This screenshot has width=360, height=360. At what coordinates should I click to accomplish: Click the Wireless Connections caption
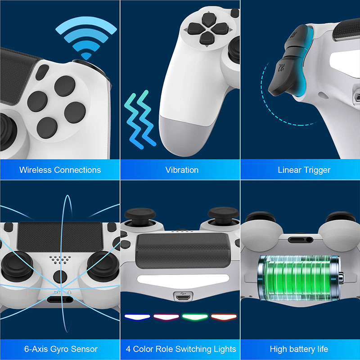tap(60, 170)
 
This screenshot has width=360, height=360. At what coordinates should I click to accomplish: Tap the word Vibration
tap(182, 170)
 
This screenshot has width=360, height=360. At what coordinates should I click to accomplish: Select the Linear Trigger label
tap(304, 170)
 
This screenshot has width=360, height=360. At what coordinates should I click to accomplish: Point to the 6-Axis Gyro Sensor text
tap(61, 349)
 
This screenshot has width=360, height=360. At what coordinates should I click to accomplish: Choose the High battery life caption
tap(299, 349)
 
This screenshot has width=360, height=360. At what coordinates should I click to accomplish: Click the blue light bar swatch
tap(137, 317)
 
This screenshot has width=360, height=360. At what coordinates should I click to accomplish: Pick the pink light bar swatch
tap(165, 317)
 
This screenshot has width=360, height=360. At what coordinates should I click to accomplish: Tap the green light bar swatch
tap(194, 317)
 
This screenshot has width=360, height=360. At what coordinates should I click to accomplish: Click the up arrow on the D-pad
tap(208, 19)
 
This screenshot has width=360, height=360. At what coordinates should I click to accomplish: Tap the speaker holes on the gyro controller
tap(60, 260)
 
